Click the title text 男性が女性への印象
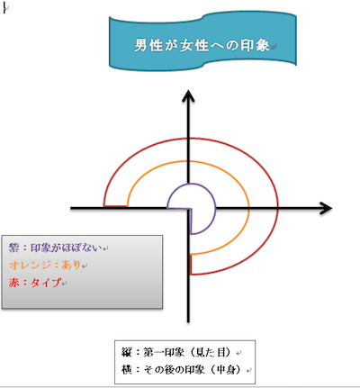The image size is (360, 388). [x=202, y=46]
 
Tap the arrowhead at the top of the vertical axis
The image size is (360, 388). [x=188, y=95]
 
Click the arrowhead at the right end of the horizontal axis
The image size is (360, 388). [x=326, y=208]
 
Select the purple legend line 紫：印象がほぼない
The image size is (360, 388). [x=56, y=248]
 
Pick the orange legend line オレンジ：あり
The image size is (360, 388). [x=45, y=265]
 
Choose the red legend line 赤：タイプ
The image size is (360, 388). [x=35, y=283]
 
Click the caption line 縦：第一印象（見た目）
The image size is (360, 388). [x=176, y=352]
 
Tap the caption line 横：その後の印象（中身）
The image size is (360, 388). [x=182, y=369]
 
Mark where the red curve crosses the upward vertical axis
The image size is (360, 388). [x=188, y=139]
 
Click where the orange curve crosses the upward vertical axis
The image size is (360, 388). [x=188, y=161]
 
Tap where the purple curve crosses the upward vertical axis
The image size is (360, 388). [x=188, y=184]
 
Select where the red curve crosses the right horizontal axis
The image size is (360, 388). [x=278, y=208]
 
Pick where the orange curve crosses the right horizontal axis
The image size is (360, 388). [x=248, y=208]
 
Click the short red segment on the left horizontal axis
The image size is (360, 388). [x=115, y=206]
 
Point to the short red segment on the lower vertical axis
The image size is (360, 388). [x=191, y=265]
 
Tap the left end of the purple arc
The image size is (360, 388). [x=167, y=207]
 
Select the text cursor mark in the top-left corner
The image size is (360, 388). [x=4, y=8]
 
